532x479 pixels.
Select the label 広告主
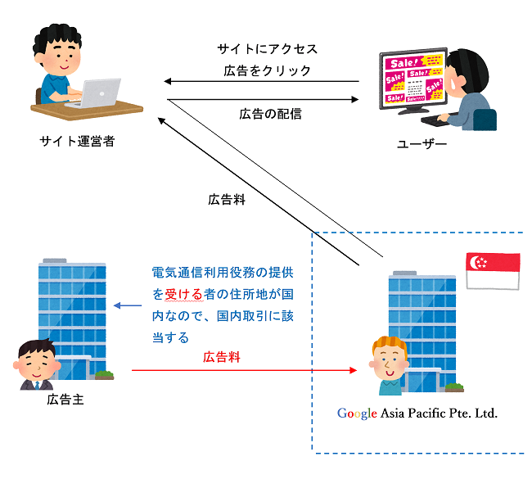65,400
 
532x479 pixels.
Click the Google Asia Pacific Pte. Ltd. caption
417,413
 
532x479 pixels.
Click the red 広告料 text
223,358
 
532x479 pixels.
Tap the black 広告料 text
227,199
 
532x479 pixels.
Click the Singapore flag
492,270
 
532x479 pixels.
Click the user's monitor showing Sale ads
414,79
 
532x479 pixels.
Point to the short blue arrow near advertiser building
127,306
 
